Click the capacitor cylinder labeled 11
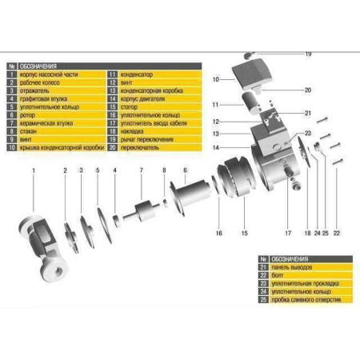pyautogui.click(x=248, y=105)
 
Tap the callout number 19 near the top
pyautogui.click(x=307, y=54)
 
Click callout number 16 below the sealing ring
pyautogui.click(x=218, y=233)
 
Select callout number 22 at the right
pyautogui.click(x=337, y=233)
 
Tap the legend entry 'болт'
pyautogui.click(x=283, y=275)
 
